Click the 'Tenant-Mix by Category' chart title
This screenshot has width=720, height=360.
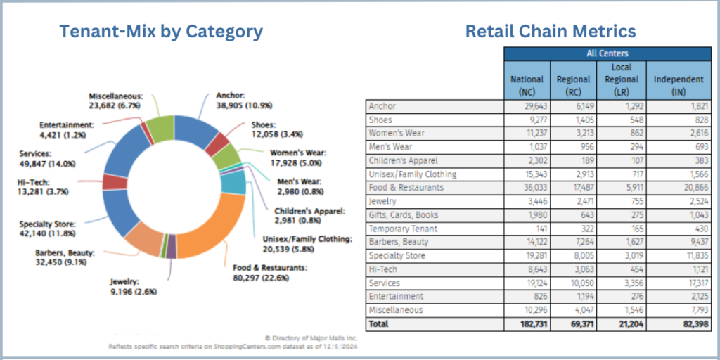coord(161,32)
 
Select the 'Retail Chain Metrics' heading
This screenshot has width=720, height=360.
coord(551,32)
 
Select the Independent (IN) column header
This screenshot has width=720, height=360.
coord(678,84)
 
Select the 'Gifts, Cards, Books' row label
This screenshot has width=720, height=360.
coord(404,215)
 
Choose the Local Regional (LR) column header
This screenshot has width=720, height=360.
coord(621,79)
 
